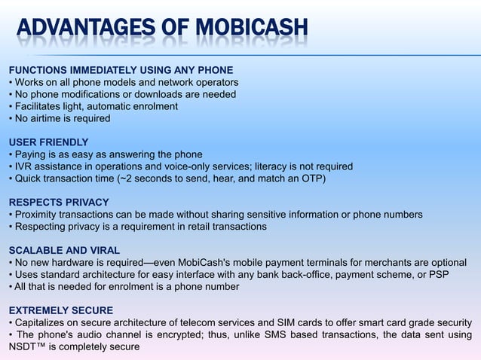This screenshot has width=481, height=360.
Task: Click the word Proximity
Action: (x=36, y=215)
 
